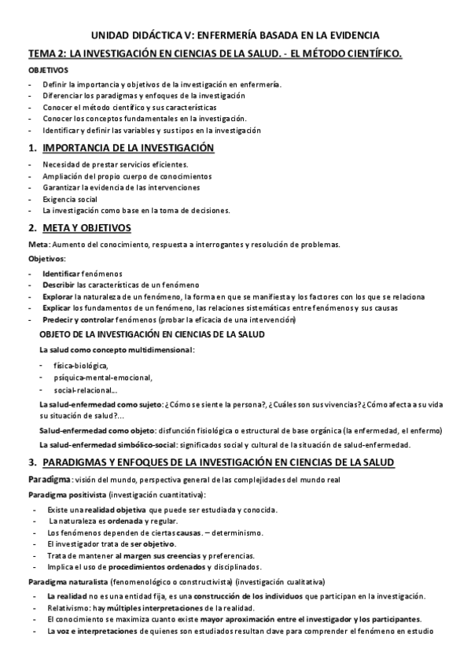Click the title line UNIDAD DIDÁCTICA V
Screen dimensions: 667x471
pos(235,35)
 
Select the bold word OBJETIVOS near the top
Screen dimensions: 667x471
pos(46,70)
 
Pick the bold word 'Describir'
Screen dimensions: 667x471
pos(59,284)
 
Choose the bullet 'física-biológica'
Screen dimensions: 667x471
pos(80,366)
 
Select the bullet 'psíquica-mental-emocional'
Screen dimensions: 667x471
pos(101,378)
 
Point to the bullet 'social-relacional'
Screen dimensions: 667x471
pos(86,389)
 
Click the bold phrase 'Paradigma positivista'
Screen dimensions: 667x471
pos(66,494)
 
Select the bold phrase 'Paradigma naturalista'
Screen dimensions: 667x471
pos(67,582)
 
